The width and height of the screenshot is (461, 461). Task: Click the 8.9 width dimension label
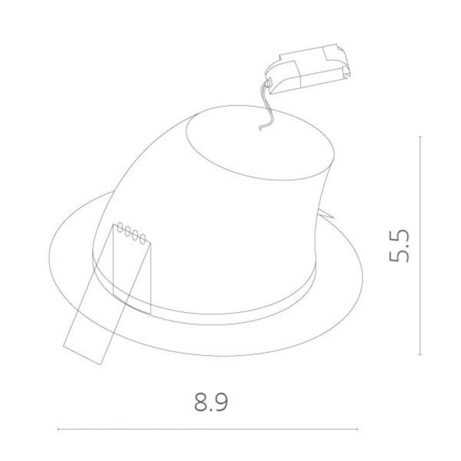211,402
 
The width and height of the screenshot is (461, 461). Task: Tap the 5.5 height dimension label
399,245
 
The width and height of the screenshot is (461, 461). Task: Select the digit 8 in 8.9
201,402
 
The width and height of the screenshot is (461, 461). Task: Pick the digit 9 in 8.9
222,402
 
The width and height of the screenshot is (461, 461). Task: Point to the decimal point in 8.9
211,409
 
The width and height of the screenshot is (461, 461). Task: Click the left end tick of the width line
58,429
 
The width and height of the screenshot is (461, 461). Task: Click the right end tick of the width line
357,429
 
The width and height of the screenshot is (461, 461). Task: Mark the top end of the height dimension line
420,137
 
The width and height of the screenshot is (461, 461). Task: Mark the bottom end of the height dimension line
420,354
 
